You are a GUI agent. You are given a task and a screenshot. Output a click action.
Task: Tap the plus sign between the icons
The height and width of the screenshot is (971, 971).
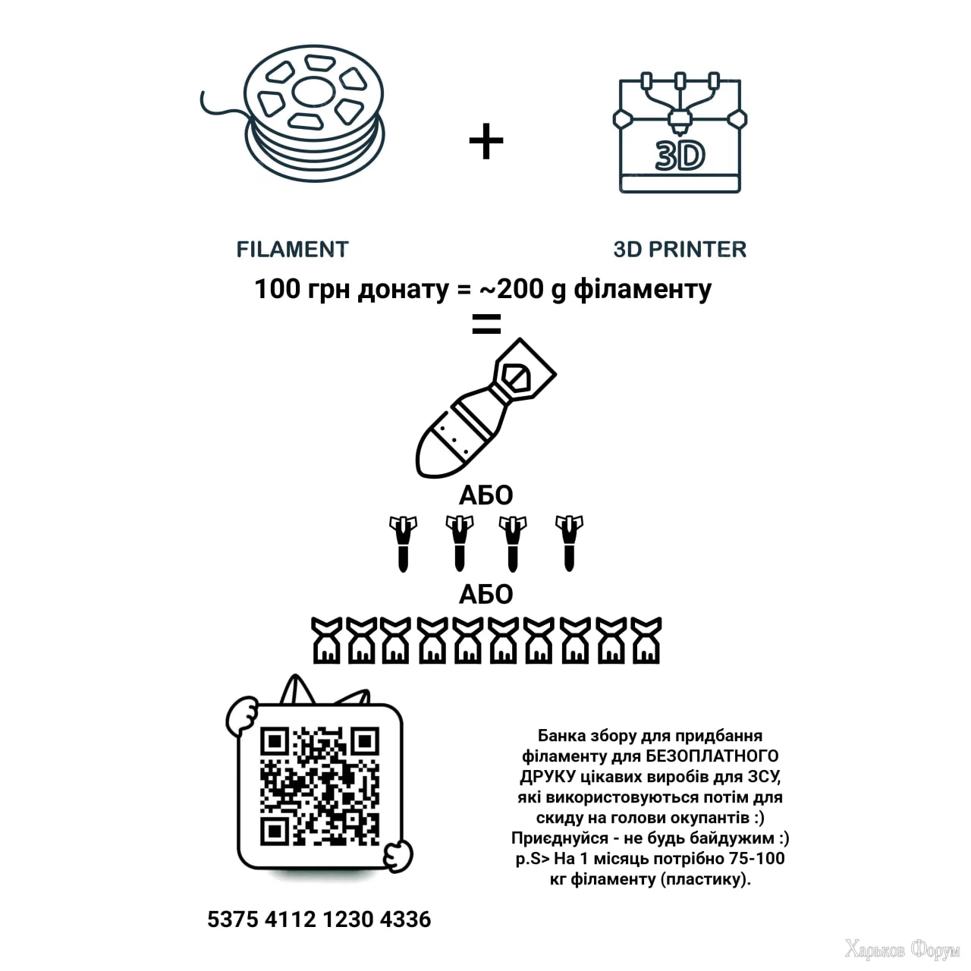485,140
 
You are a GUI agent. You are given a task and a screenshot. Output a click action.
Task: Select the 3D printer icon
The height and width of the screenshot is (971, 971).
680,133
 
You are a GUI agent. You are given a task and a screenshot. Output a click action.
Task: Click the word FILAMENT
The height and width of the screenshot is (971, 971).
292,250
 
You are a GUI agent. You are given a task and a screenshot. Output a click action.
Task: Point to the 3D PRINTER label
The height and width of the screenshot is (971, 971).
680,250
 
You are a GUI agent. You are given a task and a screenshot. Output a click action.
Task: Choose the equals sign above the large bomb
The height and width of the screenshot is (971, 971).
486,324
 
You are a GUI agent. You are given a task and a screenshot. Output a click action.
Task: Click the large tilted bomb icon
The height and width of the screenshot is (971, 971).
485,408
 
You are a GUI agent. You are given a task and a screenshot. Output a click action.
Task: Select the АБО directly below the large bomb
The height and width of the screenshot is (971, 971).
485,495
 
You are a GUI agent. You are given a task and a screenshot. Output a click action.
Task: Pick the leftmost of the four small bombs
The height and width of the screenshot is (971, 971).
403,543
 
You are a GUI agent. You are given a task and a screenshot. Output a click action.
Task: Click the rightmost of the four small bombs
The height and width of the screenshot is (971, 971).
570,543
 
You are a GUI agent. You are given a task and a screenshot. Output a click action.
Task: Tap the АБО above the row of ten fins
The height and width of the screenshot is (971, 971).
485,595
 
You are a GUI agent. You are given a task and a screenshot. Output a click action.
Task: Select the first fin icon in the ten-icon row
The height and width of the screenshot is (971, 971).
326,640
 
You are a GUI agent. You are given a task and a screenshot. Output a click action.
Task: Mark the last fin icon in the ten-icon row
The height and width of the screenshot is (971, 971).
646,640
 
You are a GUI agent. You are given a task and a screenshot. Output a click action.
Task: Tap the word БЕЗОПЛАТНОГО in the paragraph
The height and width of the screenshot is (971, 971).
712,756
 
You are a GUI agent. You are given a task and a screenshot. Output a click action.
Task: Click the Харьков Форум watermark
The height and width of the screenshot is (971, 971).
902,951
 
